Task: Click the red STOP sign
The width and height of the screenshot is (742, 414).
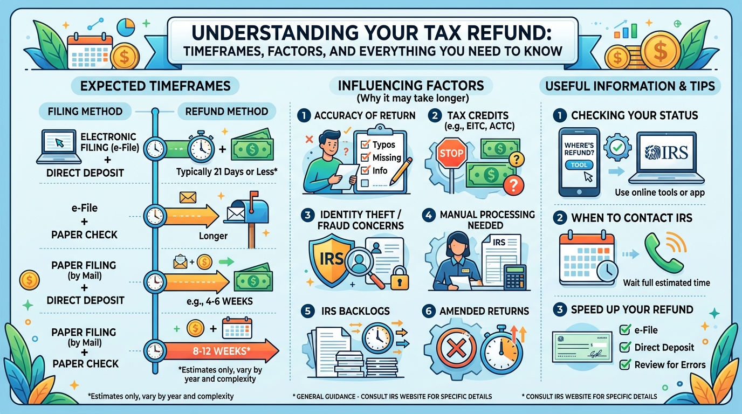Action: point(451,153)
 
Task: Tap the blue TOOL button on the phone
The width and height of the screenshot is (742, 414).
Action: point(579,165)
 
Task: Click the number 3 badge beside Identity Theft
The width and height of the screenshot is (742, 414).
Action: point(307,215)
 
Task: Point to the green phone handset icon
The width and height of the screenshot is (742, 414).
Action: point(662,253)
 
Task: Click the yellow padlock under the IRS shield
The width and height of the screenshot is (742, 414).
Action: point(400,278)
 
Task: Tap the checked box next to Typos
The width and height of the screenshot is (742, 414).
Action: point(365,144)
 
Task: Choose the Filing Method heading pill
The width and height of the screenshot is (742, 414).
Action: point(85,111)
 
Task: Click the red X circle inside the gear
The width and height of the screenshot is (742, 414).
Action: point(456,348)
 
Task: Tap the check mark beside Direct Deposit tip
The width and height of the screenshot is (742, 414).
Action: point(625,347)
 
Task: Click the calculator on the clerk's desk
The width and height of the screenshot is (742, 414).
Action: point(514,277)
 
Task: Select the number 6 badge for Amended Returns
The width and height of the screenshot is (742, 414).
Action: point(429,311)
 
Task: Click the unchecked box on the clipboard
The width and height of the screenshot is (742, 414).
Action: point(365,183)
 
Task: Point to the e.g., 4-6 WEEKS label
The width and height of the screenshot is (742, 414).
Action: point(219,301)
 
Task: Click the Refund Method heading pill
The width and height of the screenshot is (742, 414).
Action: point(226,111)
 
